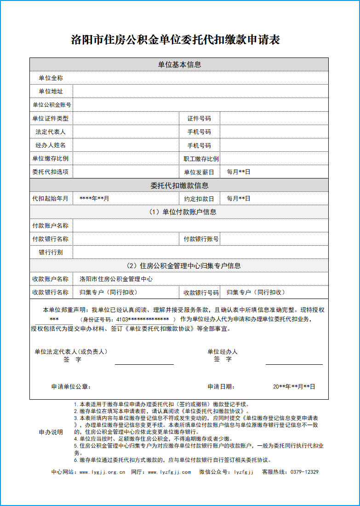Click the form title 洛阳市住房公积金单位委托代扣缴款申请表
[x=176, y=40]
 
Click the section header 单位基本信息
[x=179, y=65]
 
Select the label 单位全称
[x=51, y=78]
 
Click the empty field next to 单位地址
[x=200, y=92]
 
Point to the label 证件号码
[x=199, y=119]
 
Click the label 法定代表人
[x=51, y=132]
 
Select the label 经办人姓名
[x=51, y=145]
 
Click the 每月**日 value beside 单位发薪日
[x=239, y=172]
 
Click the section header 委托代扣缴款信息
[x=179, y=186]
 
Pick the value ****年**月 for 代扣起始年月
[x=94, y=199]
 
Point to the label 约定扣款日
[x=199, y=199]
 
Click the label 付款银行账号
[x=201, y=239]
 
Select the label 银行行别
[x=51, y=253]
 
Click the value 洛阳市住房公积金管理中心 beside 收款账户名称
[x=116, y=279]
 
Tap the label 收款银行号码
[x=201, y=293]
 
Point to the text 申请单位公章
[x=71, y=387]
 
